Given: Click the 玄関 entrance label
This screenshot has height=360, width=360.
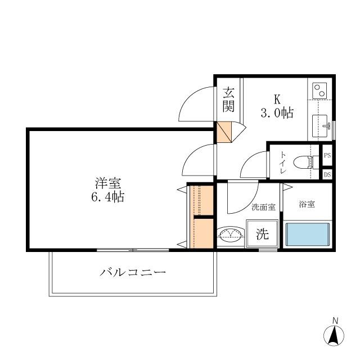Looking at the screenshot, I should click(228, 99).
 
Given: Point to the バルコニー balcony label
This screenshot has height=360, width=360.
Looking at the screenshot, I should click(133, 273).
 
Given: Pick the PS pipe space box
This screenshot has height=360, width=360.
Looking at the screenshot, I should click(327, 156).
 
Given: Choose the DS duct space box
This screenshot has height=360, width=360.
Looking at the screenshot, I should click(327, 174).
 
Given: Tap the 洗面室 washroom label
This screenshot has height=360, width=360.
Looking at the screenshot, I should click(263, 207).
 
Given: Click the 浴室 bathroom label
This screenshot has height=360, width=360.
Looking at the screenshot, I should click(307, 204).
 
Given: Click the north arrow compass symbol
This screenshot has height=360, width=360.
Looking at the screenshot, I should click(334, 335).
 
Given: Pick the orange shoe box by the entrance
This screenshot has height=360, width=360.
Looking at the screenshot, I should click(224, 131).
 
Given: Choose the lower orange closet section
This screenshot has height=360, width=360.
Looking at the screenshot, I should click(203, 232).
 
